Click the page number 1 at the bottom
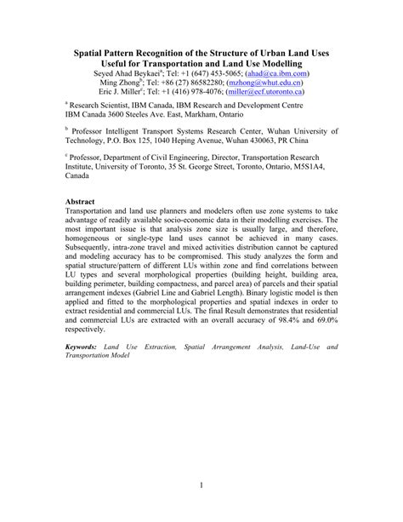201,486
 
